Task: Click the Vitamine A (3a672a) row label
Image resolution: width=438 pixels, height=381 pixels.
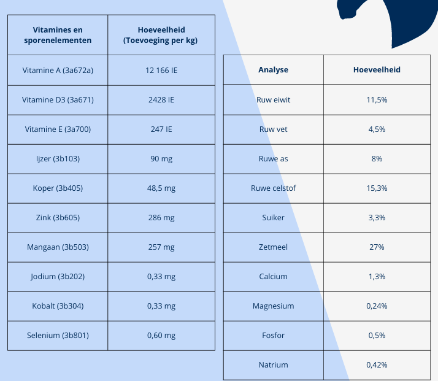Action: click(58, 70)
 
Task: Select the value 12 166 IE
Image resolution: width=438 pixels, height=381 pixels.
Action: click(161, 70)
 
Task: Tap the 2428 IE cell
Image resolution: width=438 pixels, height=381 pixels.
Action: click(161, 100)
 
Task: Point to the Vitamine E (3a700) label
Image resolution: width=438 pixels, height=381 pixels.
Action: click(58, 129)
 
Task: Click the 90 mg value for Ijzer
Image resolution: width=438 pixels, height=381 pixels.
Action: click(161, 159)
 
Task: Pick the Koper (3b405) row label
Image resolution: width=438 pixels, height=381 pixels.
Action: click(58, 188)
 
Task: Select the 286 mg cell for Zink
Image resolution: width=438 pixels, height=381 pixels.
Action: click(161, 217)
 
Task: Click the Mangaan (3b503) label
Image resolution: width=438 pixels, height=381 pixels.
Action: click(58, 247)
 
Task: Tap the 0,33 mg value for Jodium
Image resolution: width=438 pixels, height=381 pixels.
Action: click(161, 276)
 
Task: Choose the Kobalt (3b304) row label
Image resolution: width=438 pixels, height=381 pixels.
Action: click(58, 306)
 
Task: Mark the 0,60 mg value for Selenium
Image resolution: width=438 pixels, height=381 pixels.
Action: click(161, 335)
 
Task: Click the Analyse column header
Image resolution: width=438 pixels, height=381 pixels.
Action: click(273, 70)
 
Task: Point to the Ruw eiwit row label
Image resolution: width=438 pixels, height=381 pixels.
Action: click(273, 100)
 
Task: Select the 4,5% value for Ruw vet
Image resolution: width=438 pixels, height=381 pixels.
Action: click(377, 129)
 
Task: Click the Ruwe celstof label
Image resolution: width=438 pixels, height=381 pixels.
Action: click(273, 188)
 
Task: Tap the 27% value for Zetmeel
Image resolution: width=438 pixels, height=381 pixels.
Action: click(377, 247)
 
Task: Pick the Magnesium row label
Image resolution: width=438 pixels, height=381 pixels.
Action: click(273, 306)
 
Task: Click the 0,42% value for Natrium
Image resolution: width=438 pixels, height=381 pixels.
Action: click(377, 365)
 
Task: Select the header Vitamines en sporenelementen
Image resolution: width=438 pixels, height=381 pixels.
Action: click(58, 35)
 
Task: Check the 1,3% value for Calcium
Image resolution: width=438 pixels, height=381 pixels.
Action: click(377, 276)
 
